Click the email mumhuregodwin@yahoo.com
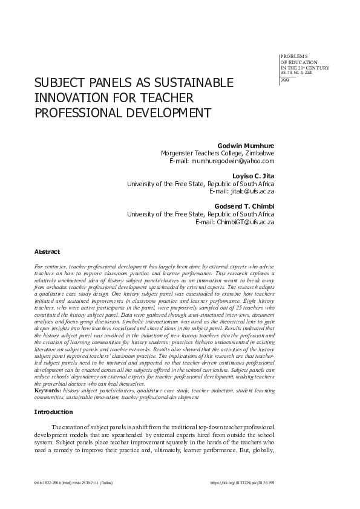point(233,161)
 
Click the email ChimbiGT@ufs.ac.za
point(242,222)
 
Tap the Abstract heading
point(47,251)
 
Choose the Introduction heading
point(56,412)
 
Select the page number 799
point(285,80)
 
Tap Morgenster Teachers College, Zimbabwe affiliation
point(217,154)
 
